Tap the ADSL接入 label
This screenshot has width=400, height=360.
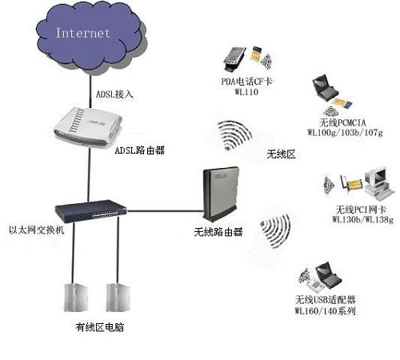click(114, 94)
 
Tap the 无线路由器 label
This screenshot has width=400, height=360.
click(217, 233)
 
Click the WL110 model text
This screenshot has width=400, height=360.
click(245, 93)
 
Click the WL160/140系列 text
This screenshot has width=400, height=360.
click(325, 310)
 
